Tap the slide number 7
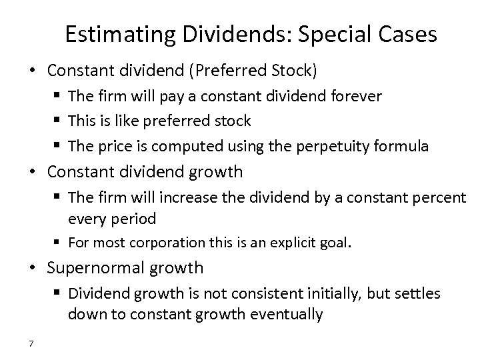31,344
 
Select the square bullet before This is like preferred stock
57,121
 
